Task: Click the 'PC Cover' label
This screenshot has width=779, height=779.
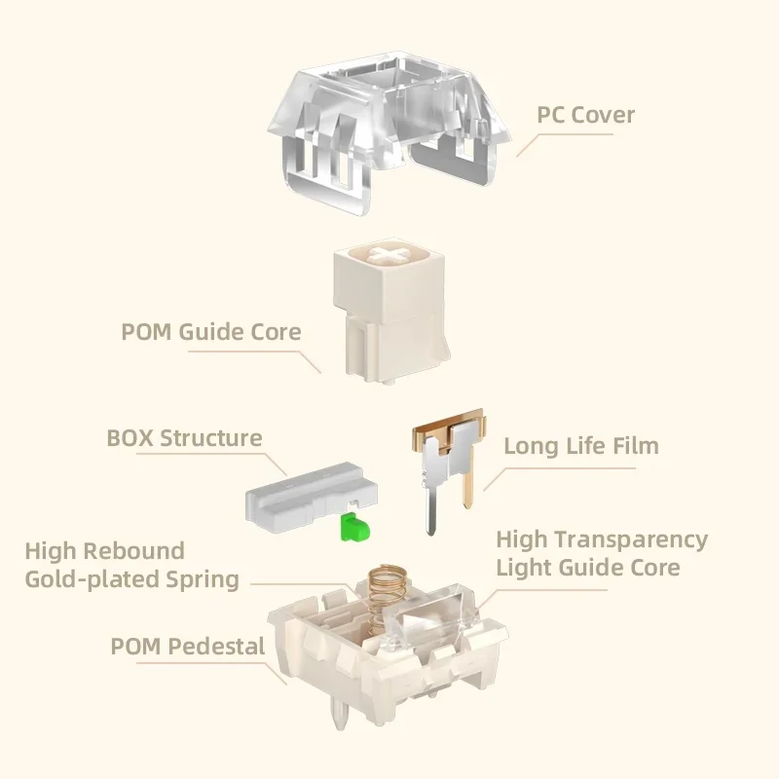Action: point(585,115)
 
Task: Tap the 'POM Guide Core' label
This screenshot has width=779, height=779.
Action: point(210,331)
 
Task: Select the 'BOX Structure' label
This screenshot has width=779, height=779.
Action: point(184,437)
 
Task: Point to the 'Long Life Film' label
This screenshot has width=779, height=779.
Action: point(581,446)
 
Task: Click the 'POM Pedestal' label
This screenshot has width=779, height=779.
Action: point(188,646)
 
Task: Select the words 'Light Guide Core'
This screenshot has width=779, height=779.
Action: point(588,567)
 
